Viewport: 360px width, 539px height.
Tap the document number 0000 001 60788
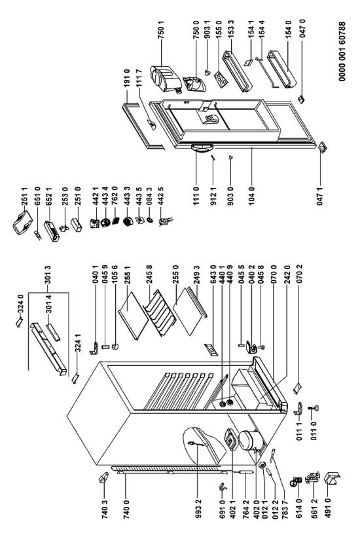[342, 52]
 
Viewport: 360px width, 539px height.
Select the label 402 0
[257, 509]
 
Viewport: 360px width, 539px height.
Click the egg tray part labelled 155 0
[221, 78]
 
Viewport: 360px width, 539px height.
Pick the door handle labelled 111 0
[202, 147]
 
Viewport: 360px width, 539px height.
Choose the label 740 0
[126, 509]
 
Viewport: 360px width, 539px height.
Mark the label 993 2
[198, 509]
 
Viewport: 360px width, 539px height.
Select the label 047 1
[320, 196]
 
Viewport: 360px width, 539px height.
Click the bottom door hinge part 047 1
[323, 148]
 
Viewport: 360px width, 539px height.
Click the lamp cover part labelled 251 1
[22, 223]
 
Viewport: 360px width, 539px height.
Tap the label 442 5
[161, 196]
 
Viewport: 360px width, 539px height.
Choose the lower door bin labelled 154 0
[281, 69]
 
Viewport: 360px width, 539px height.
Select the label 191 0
[127, 78]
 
